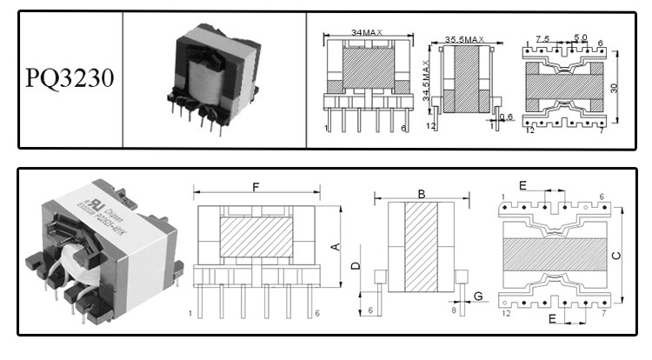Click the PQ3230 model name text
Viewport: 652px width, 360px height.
point(70,79)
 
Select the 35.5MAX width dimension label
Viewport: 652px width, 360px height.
point(464,40)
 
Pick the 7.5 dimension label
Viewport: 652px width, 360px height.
point(542,39)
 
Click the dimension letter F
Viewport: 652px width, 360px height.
point(255,186)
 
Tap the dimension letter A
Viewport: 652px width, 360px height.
point(334,246)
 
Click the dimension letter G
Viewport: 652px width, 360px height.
point(478,297)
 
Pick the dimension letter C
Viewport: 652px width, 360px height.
point(616,255)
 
